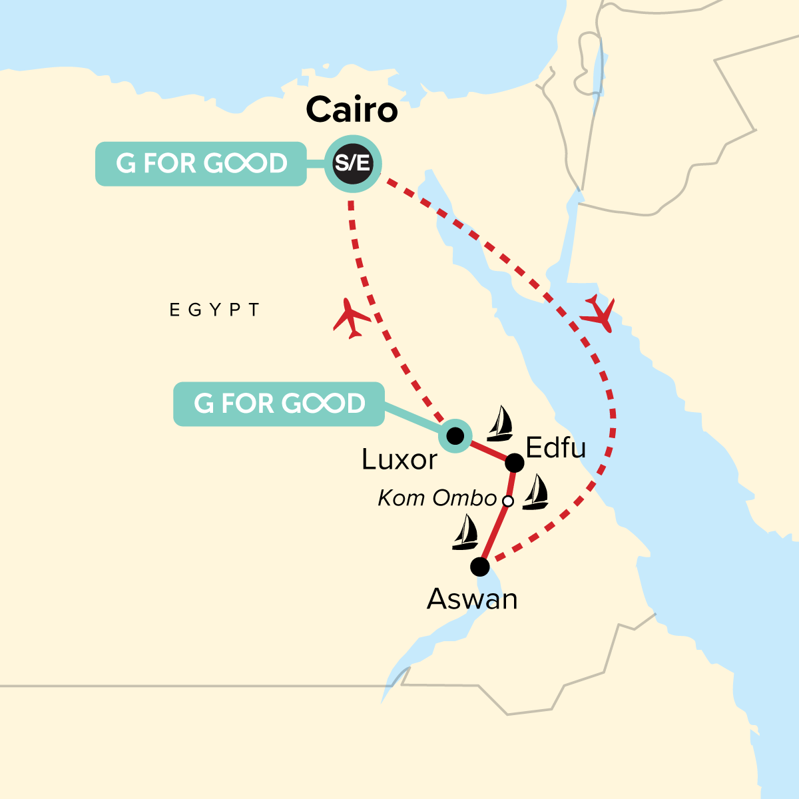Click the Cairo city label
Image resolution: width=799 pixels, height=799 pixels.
click(352, 110)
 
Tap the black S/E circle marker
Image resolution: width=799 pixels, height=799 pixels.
click(352, 163)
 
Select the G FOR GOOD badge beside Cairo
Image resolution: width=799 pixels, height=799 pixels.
click(201, 164)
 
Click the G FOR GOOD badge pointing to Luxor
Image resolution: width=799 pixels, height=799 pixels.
click(279, 404)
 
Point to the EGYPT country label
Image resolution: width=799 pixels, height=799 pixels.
click(214, 310)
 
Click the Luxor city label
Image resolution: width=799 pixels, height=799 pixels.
click(400, 459)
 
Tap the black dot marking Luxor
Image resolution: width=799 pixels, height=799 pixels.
click(455, 436)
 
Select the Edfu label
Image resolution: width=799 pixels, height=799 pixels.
click(556, 448)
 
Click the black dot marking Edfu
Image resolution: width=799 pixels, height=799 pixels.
click(515, 463)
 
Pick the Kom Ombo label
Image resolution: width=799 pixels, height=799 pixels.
click(437, 498)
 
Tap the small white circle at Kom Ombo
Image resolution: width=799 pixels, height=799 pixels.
click(507, 501)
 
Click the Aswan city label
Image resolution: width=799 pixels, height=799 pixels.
click(472, 599)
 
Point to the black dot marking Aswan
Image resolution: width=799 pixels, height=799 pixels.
click(479, 567)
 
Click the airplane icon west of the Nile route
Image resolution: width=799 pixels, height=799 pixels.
click(352, 318)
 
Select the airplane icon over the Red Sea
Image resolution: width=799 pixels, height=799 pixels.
click(598, 312)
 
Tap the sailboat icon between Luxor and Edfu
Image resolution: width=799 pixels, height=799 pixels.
click(499, 424)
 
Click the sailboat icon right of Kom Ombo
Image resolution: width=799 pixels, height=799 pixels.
click(535, 493)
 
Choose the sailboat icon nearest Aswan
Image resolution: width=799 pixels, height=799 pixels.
click(465, 533)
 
